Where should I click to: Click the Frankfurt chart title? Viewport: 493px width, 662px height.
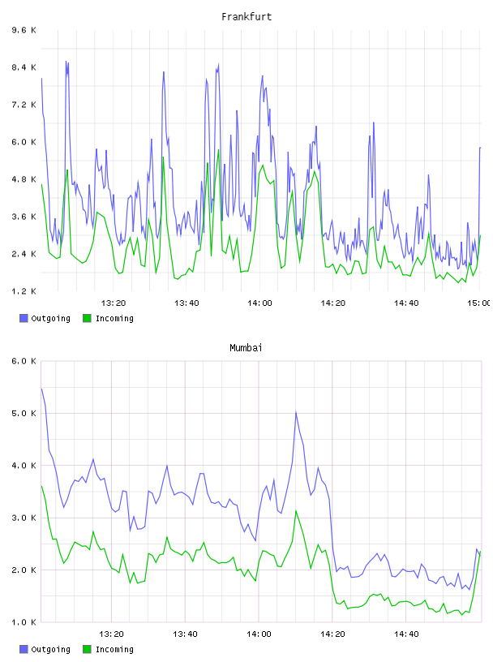[x=246, y=17]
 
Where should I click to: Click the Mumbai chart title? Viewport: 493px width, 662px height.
[x=246, y=348]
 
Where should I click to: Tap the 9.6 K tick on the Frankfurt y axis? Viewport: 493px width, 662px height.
[x=24, y=30]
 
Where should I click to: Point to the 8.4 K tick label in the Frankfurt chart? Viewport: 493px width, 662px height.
[x=24, y=67]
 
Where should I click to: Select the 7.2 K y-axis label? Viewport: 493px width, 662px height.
[x=24, y=105]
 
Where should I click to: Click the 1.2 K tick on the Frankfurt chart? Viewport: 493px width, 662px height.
[x=24, y=291]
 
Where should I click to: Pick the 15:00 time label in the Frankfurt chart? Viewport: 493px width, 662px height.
[x=478, y=303]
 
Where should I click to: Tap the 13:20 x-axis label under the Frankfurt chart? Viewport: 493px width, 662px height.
[x=114, y=303]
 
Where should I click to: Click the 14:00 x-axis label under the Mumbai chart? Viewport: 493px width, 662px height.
[x=259, y=634]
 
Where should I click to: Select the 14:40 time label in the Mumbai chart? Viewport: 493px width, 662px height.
[x=406, y=634]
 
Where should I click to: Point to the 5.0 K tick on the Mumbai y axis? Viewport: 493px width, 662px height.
[x=24, y=413]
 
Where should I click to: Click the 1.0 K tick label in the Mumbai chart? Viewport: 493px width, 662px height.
[x=24, y=622]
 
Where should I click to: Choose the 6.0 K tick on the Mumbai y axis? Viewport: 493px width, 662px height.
[x=24, y=361]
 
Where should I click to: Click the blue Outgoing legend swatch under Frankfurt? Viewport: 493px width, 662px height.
[x=24, y=318]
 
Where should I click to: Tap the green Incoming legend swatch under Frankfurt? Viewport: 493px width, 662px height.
[x=87, y=318]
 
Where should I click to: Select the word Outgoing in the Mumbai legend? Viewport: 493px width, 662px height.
[x=50, y=650]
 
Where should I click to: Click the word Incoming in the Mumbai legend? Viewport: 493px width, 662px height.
[x=114, y=650]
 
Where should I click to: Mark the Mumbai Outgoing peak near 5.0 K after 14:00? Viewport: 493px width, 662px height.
[x=296, y=411]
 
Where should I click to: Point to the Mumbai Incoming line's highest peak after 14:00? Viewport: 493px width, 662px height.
[x=296, y=511]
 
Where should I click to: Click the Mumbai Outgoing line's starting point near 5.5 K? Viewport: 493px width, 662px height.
[x=41, y=389]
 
